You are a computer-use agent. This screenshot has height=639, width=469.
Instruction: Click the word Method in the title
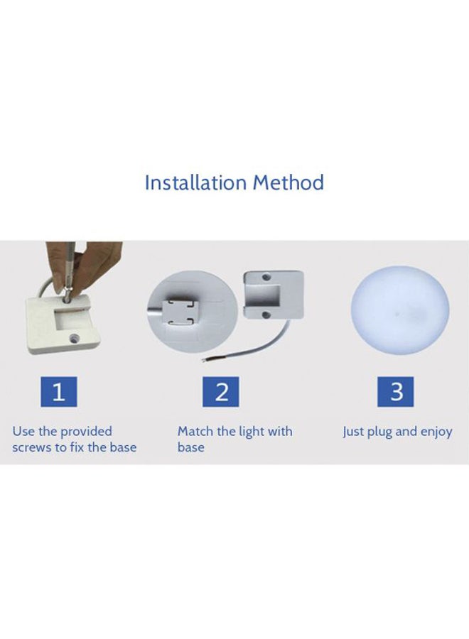pos(288,182)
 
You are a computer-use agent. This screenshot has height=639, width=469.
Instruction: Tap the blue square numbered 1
pos(60,393)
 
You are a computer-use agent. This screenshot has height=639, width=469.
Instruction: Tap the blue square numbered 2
pos(222,393)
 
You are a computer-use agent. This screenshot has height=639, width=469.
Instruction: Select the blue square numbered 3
pos(397,393)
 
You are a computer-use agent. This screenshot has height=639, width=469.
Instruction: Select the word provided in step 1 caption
pos(86,432)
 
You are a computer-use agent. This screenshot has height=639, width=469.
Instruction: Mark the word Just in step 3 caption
pos(353,432)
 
